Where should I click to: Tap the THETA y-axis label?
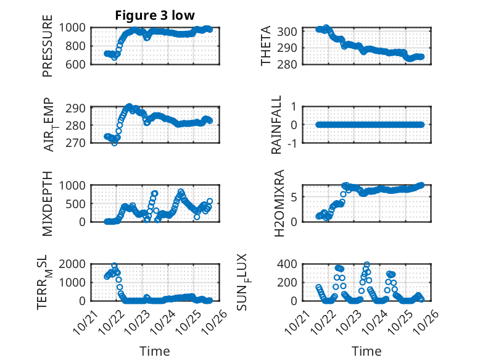(x=266, y=47)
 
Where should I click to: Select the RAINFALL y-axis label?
(x=278, y=125)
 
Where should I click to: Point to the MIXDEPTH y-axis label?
(x=48, y=203)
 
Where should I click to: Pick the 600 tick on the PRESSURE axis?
(x=78, y=64)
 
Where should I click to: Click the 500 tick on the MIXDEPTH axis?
(x=78, y=203)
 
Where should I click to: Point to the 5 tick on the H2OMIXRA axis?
(x=301, y=197)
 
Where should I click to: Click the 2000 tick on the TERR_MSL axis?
(x=75, y=264)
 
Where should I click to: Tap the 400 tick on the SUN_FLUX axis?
(x=291, y=264)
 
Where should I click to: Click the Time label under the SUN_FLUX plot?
(x=366, y=351)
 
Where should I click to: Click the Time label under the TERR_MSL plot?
(x=154, y=351)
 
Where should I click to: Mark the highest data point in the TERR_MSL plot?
(x=114, y=266)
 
